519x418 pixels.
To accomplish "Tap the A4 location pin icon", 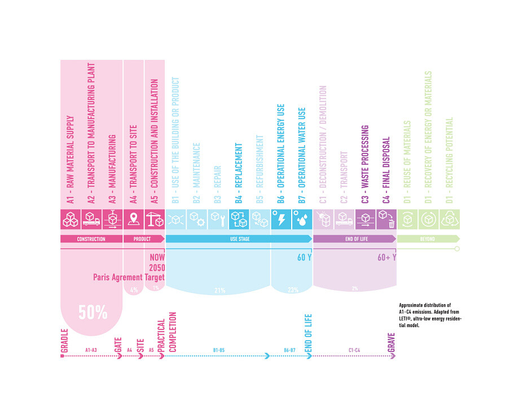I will click(x=134, y=219).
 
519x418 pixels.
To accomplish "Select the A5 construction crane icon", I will click(x=155, y=219).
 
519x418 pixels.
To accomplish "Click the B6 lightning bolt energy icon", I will click(x=280, y=219).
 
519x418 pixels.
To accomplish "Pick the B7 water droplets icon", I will click(x=301, y=219).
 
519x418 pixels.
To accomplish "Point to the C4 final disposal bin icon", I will click(x=387, y=219).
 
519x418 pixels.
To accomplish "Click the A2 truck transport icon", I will click(x=91, y=219).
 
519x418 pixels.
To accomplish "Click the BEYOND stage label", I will click(x=427, y=239).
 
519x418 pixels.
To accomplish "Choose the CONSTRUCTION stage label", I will click(x=91, y=239).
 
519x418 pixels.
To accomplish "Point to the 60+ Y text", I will click(x=386, y=258).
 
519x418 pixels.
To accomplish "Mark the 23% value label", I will click(x=292, y=291).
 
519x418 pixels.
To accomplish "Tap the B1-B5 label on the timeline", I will click(x=219, y=350).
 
